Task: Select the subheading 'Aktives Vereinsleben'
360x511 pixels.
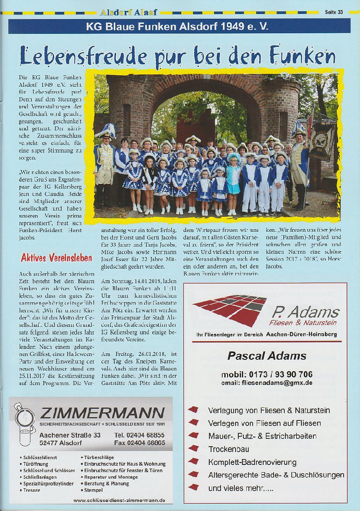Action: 56,258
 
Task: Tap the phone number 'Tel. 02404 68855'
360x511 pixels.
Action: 140,435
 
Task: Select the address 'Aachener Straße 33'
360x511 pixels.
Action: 70,435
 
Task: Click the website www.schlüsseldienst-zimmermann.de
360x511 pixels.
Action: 119,500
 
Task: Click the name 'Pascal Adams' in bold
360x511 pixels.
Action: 266,356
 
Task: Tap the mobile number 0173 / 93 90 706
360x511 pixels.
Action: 267,374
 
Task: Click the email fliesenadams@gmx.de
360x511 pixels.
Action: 267,383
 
